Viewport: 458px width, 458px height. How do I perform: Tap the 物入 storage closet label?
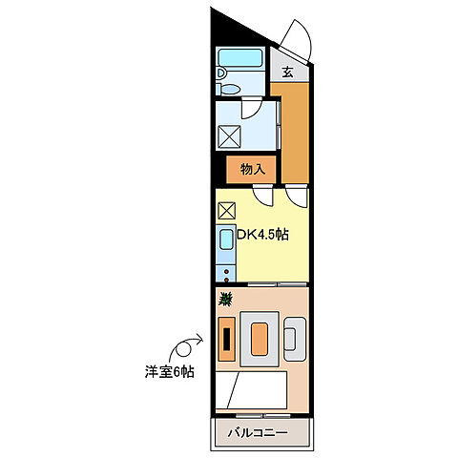252,170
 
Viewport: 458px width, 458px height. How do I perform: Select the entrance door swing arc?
296,38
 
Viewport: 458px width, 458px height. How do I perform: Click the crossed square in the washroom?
230,135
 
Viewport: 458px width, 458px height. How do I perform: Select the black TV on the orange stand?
226,340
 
